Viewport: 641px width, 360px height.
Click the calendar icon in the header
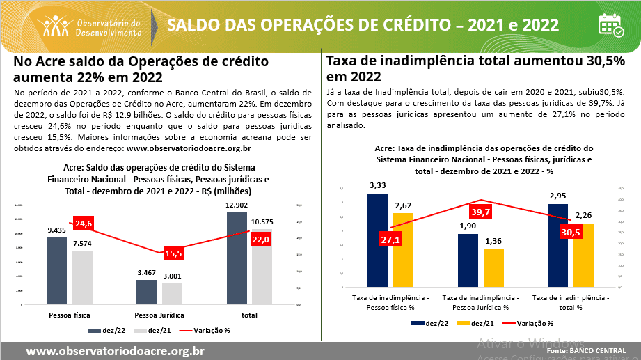(x=611, y=25)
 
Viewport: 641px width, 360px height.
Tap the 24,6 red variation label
(x=84, y=224)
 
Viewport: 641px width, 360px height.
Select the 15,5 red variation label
(x=173, y=253)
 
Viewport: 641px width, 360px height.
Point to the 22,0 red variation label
(x=262, y=239)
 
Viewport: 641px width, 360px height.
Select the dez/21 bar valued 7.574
(x=82, y=277)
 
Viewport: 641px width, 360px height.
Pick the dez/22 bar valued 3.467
(x=146, y=292)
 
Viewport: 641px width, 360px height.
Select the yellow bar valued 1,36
(x=493, y=268)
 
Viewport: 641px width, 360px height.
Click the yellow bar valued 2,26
(x=583, y=255)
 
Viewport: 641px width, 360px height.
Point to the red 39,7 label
(x=480, y=212)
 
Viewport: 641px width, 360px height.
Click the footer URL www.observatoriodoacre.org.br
(x=115, y=351)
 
